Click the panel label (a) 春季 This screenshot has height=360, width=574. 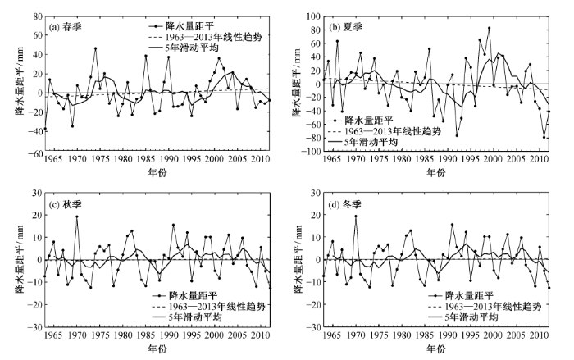click(65, 27)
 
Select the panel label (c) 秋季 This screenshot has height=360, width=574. click(65, 204)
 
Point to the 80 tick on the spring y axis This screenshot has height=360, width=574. click(38, 16)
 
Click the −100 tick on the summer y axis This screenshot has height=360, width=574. click(310, 151)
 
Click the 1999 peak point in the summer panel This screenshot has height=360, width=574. click(489, 28)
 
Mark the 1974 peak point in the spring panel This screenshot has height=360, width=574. click(95, 48)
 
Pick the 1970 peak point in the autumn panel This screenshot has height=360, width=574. click(77, 216)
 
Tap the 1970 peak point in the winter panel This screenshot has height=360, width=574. click(355, 216)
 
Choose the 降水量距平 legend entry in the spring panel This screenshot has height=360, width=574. click(181, 26)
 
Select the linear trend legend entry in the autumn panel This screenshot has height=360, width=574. click(208, 306)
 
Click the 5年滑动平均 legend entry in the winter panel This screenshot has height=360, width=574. click(463, 317)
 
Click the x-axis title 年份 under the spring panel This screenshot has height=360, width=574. click(157, 172)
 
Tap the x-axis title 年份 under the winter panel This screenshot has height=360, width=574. click(436, 349)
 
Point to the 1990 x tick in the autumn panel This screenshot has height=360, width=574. click(169, 335)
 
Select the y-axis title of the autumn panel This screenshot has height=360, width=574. click(20, 259)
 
